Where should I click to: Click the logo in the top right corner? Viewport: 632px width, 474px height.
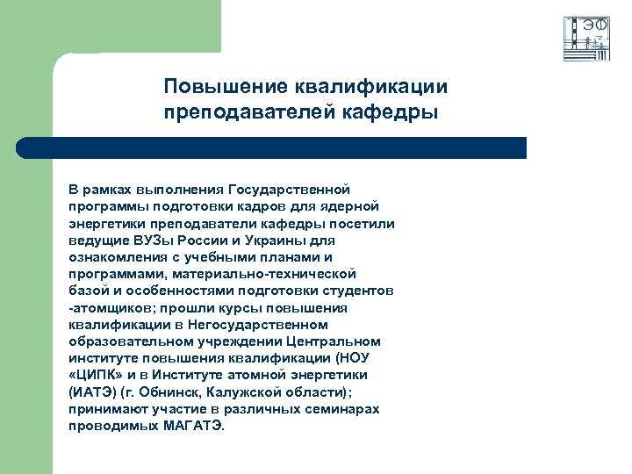tap(586, 39)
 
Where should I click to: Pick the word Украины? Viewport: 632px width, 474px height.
tap(275, 240)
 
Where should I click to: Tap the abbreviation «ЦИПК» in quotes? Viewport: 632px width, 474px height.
tap(94, 375)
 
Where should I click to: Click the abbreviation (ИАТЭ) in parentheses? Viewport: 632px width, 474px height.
tap(92, 391)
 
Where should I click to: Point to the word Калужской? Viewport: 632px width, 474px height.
tap(255, 391)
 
